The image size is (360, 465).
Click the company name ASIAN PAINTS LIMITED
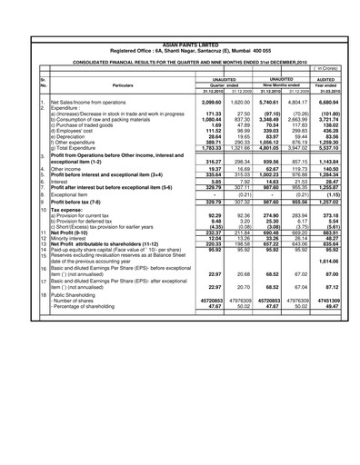[180, 43]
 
